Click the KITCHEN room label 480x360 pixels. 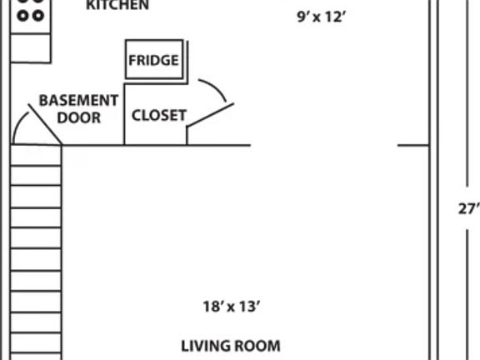[x=117, y=5]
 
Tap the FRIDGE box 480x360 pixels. [x=154, y=59]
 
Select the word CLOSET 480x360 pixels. [x=159, y=115]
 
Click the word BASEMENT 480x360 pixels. [x=78, y=100]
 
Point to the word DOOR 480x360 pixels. [x=79, y=117]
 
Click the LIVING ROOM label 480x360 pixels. [x=231, y=346]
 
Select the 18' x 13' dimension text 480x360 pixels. [x=232, y=307]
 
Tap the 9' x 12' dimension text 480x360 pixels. [x=322, y=17]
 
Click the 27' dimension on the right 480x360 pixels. [x=468, y=209]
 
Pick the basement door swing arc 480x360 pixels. [x=17, y=125]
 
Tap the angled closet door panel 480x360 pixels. [x=210, y=115]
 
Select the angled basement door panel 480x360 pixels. [x=45, y=124]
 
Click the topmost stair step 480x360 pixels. [x=36, y=155]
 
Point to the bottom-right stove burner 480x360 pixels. [x=38, y=15]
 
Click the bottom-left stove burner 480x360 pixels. [x=23, y=15]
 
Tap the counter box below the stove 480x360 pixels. [x=31, y=48]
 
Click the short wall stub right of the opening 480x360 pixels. [x=413, y=145]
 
